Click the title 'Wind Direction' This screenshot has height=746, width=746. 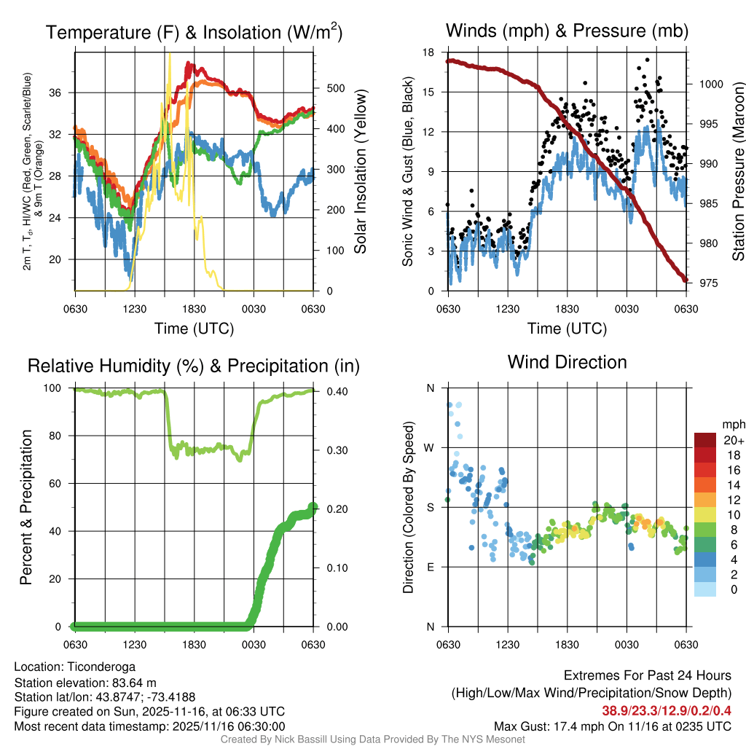[x=567, y=362]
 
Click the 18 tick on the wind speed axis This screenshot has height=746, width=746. [x=429, y=52]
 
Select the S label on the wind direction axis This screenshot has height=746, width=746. [x=430, y=507]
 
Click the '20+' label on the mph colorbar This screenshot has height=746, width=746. [x=732, y=441]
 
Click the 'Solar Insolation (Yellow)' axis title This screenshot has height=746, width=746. [x=360, y=172]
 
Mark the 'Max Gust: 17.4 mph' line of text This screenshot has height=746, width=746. [x=554, y=726]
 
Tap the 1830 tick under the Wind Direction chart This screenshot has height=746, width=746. [x=567, y=644]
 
